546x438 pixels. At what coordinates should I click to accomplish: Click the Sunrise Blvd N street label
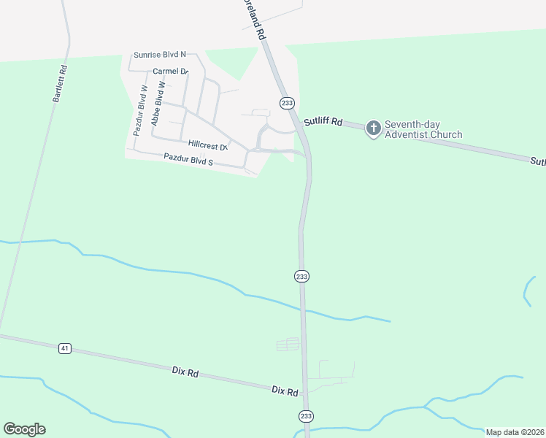(x=160, y=55)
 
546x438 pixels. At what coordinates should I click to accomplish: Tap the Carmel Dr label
(x=171, y=72)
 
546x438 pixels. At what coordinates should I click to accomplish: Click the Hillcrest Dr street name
(x=208, y=145)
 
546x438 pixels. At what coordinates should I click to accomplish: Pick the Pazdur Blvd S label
(x=188, y=158)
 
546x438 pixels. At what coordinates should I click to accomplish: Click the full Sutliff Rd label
(x=323, y=122)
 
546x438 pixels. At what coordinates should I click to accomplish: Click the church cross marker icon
(x=373, y=129)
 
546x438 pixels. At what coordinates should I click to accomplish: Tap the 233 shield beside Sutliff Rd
(x=287, y=103)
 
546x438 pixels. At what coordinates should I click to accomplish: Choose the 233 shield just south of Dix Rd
(x=305, y=415)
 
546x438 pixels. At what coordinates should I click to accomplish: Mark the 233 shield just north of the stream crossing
(x=302, y=276)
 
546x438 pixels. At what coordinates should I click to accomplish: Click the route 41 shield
(x=65, y=349)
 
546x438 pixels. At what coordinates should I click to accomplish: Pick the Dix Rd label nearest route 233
(x=285, y=391)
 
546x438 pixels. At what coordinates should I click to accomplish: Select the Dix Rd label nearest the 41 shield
(x=186, y=373)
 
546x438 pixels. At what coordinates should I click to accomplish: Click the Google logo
(x=24, y=429)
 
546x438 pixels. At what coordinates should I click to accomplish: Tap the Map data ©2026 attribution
(x=515, y=432)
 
